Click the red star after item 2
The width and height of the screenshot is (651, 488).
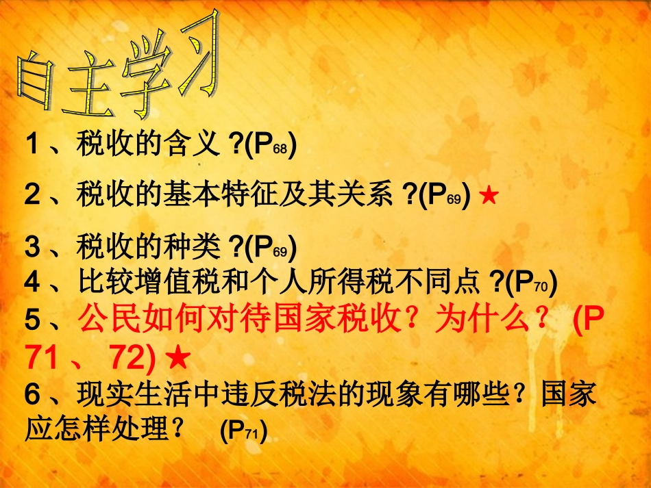(x=489, y=196)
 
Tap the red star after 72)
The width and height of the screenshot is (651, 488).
(x=177, y=357)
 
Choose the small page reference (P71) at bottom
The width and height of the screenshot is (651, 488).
(x=243, y=430)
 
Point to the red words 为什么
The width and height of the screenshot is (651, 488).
(x=494, y=320)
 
